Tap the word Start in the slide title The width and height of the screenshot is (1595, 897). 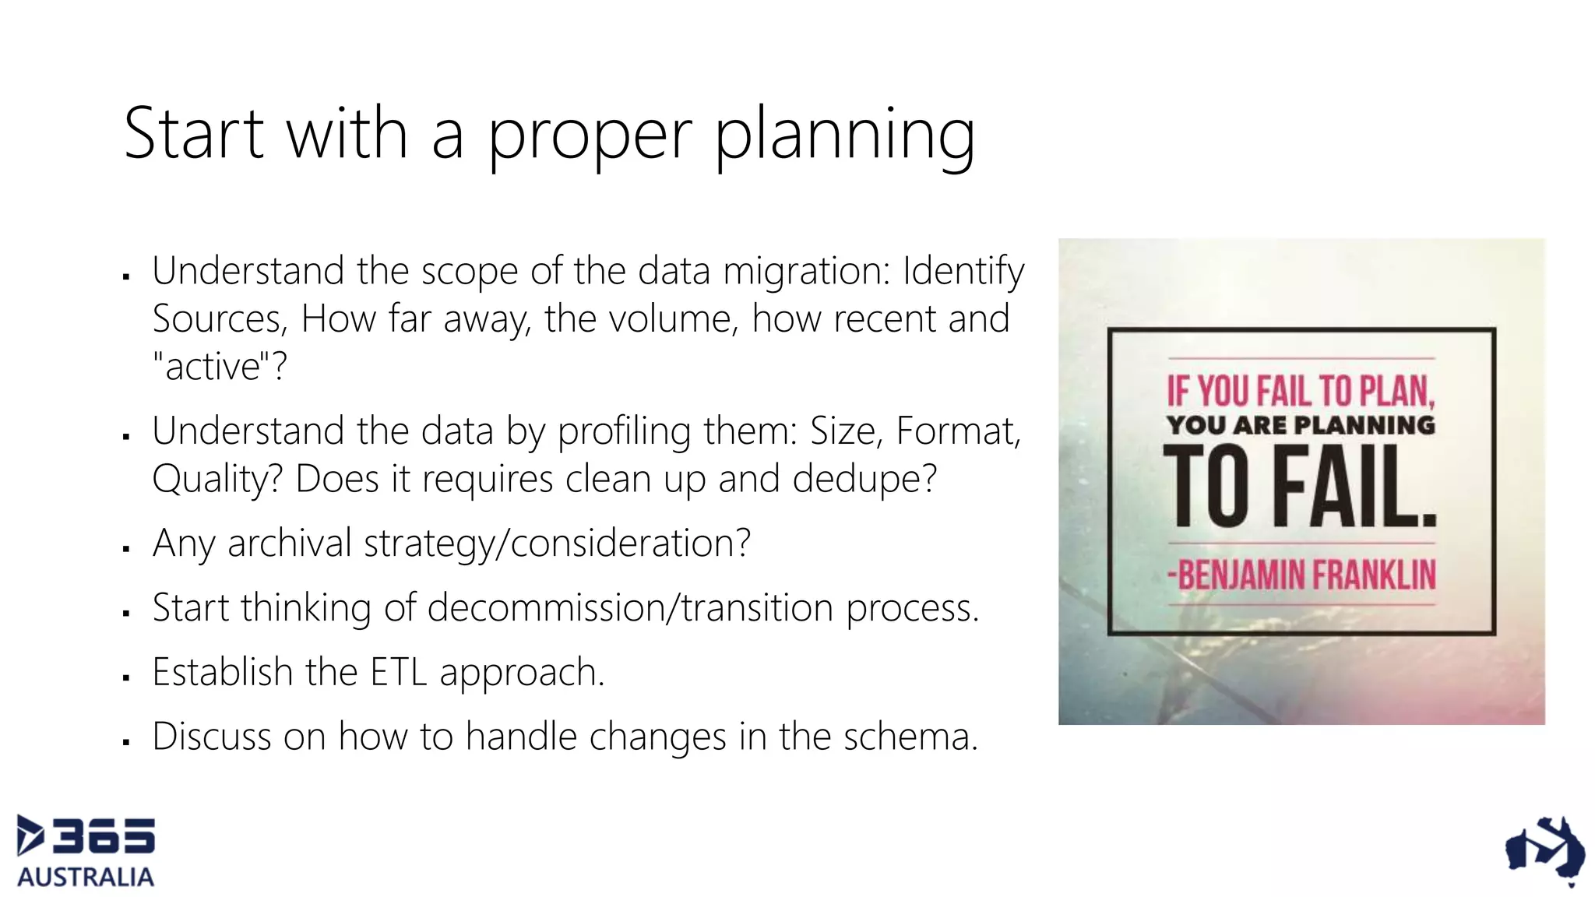(194, 133)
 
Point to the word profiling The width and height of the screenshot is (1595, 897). (624, 431)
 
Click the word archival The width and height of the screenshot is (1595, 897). (290, 543)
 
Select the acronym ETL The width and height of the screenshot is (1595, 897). (398, 672)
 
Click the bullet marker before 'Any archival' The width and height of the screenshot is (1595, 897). (126, 549)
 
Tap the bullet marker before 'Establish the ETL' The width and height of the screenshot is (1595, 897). (126, 678)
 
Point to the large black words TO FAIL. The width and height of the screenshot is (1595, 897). (1299, 487)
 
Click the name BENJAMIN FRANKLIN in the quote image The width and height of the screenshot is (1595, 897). (1301, 575)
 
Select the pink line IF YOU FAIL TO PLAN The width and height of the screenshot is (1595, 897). (1300, 391)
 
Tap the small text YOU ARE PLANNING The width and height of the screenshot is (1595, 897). (1300, 425)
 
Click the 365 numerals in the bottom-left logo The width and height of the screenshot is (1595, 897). (104, 836)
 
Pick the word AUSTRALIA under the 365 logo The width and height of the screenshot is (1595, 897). (86, 877)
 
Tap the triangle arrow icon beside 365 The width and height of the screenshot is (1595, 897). (30, 835)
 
